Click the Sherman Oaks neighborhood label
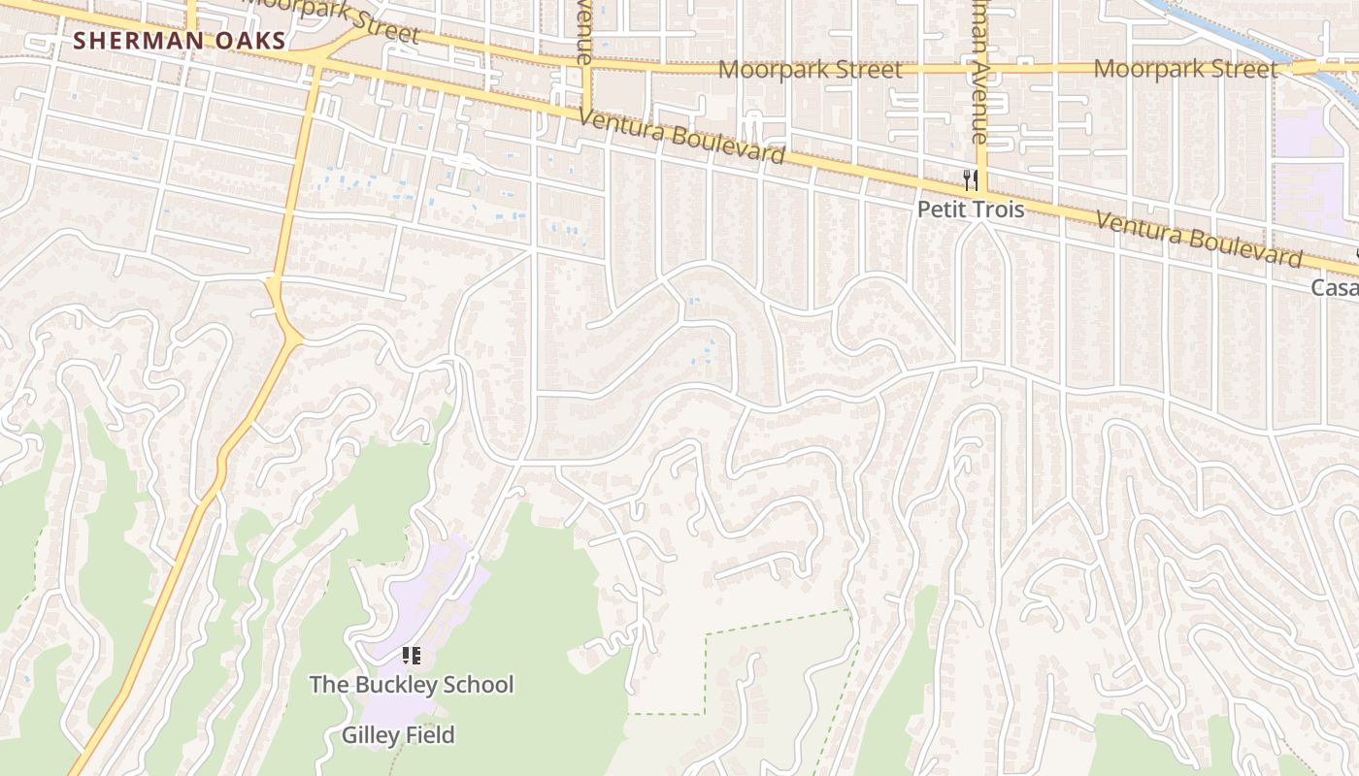click(x=180, y=41)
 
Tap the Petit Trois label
click(x=971, y=210)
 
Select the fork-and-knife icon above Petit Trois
click(x=970, y=179)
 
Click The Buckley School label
click(x=411, y=685)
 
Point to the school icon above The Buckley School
click(x=411, y=657)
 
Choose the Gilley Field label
click(x=398, y=735)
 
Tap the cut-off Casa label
click(x=1335, y=287)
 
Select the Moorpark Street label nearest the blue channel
click(x=1185, y=69)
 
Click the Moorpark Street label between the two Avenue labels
click(x=810, y=70)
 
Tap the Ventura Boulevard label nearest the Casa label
click(x=1199, y=239)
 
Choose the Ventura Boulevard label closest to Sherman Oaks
click(x=680, y=137)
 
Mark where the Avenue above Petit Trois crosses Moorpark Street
click(x=979, y=68)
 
